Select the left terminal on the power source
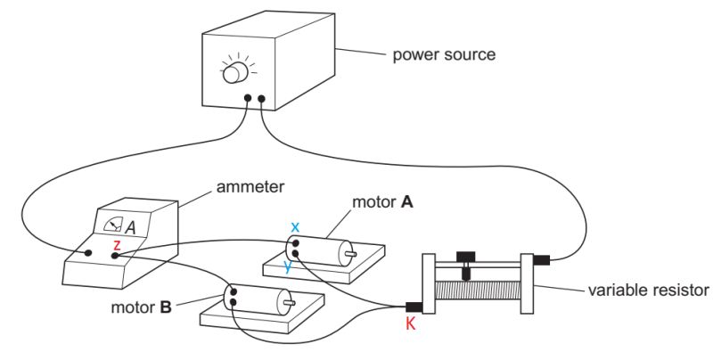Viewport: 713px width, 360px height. coord(247,99)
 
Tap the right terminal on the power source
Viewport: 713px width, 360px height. coord(261,99)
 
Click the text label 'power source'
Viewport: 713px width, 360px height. coord(444,55)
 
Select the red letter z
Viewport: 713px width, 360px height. coord(116,243)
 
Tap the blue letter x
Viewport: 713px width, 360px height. coord(294,226)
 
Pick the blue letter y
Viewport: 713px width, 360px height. coord(287,265)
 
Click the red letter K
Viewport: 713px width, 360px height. coord(410,324)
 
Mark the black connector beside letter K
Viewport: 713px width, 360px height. coord(413,307)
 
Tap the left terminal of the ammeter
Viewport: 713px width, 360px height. coord(90,253)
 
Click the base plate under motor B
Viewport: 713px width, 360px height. coord(258,323)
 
